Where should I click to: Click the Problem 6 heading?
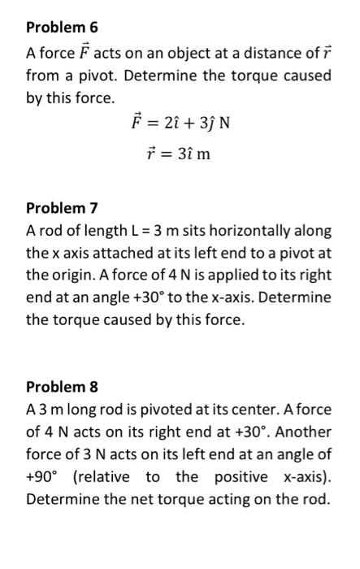62,28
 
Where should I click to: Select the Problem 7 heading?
62,208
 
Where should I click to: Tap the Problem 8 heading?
62,387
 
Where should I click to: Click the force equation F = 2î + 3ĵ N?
181,126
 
